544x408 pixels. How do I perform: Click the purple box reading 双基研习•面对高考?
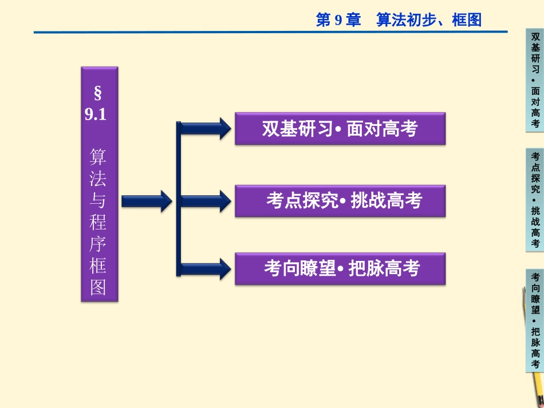[340, 129]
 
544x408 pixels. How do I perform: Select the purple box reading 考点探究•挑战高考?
[340, 201]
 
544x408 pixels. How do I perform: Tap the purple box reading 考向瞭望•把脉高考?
[340, 268]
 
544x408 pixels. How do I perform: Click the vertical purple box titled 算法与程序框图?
[99, 184]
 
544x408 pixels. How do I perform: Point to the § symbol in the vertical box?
[97, 92]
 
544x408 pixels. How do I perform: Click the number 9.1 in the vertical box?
[96, 114]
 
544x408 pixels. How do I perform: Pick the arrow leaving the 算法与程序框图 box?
[146, 201]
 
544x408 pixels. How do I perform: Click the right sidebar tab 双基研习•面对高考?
[535, 80]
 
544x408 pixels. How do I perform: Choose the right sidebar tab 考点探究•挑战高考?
[535, 200]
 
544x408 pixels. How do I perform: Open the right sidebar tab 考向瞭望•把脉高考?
[535, 320]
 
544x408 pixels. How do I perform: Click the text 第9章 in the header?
[338, 21]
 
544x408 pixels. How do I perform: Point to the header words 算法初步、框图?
[429, 21]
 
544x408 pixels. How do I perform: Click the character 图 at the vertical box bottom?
[98, 287]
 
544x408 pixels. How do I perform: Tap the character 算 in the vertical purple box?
[98, 157]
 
